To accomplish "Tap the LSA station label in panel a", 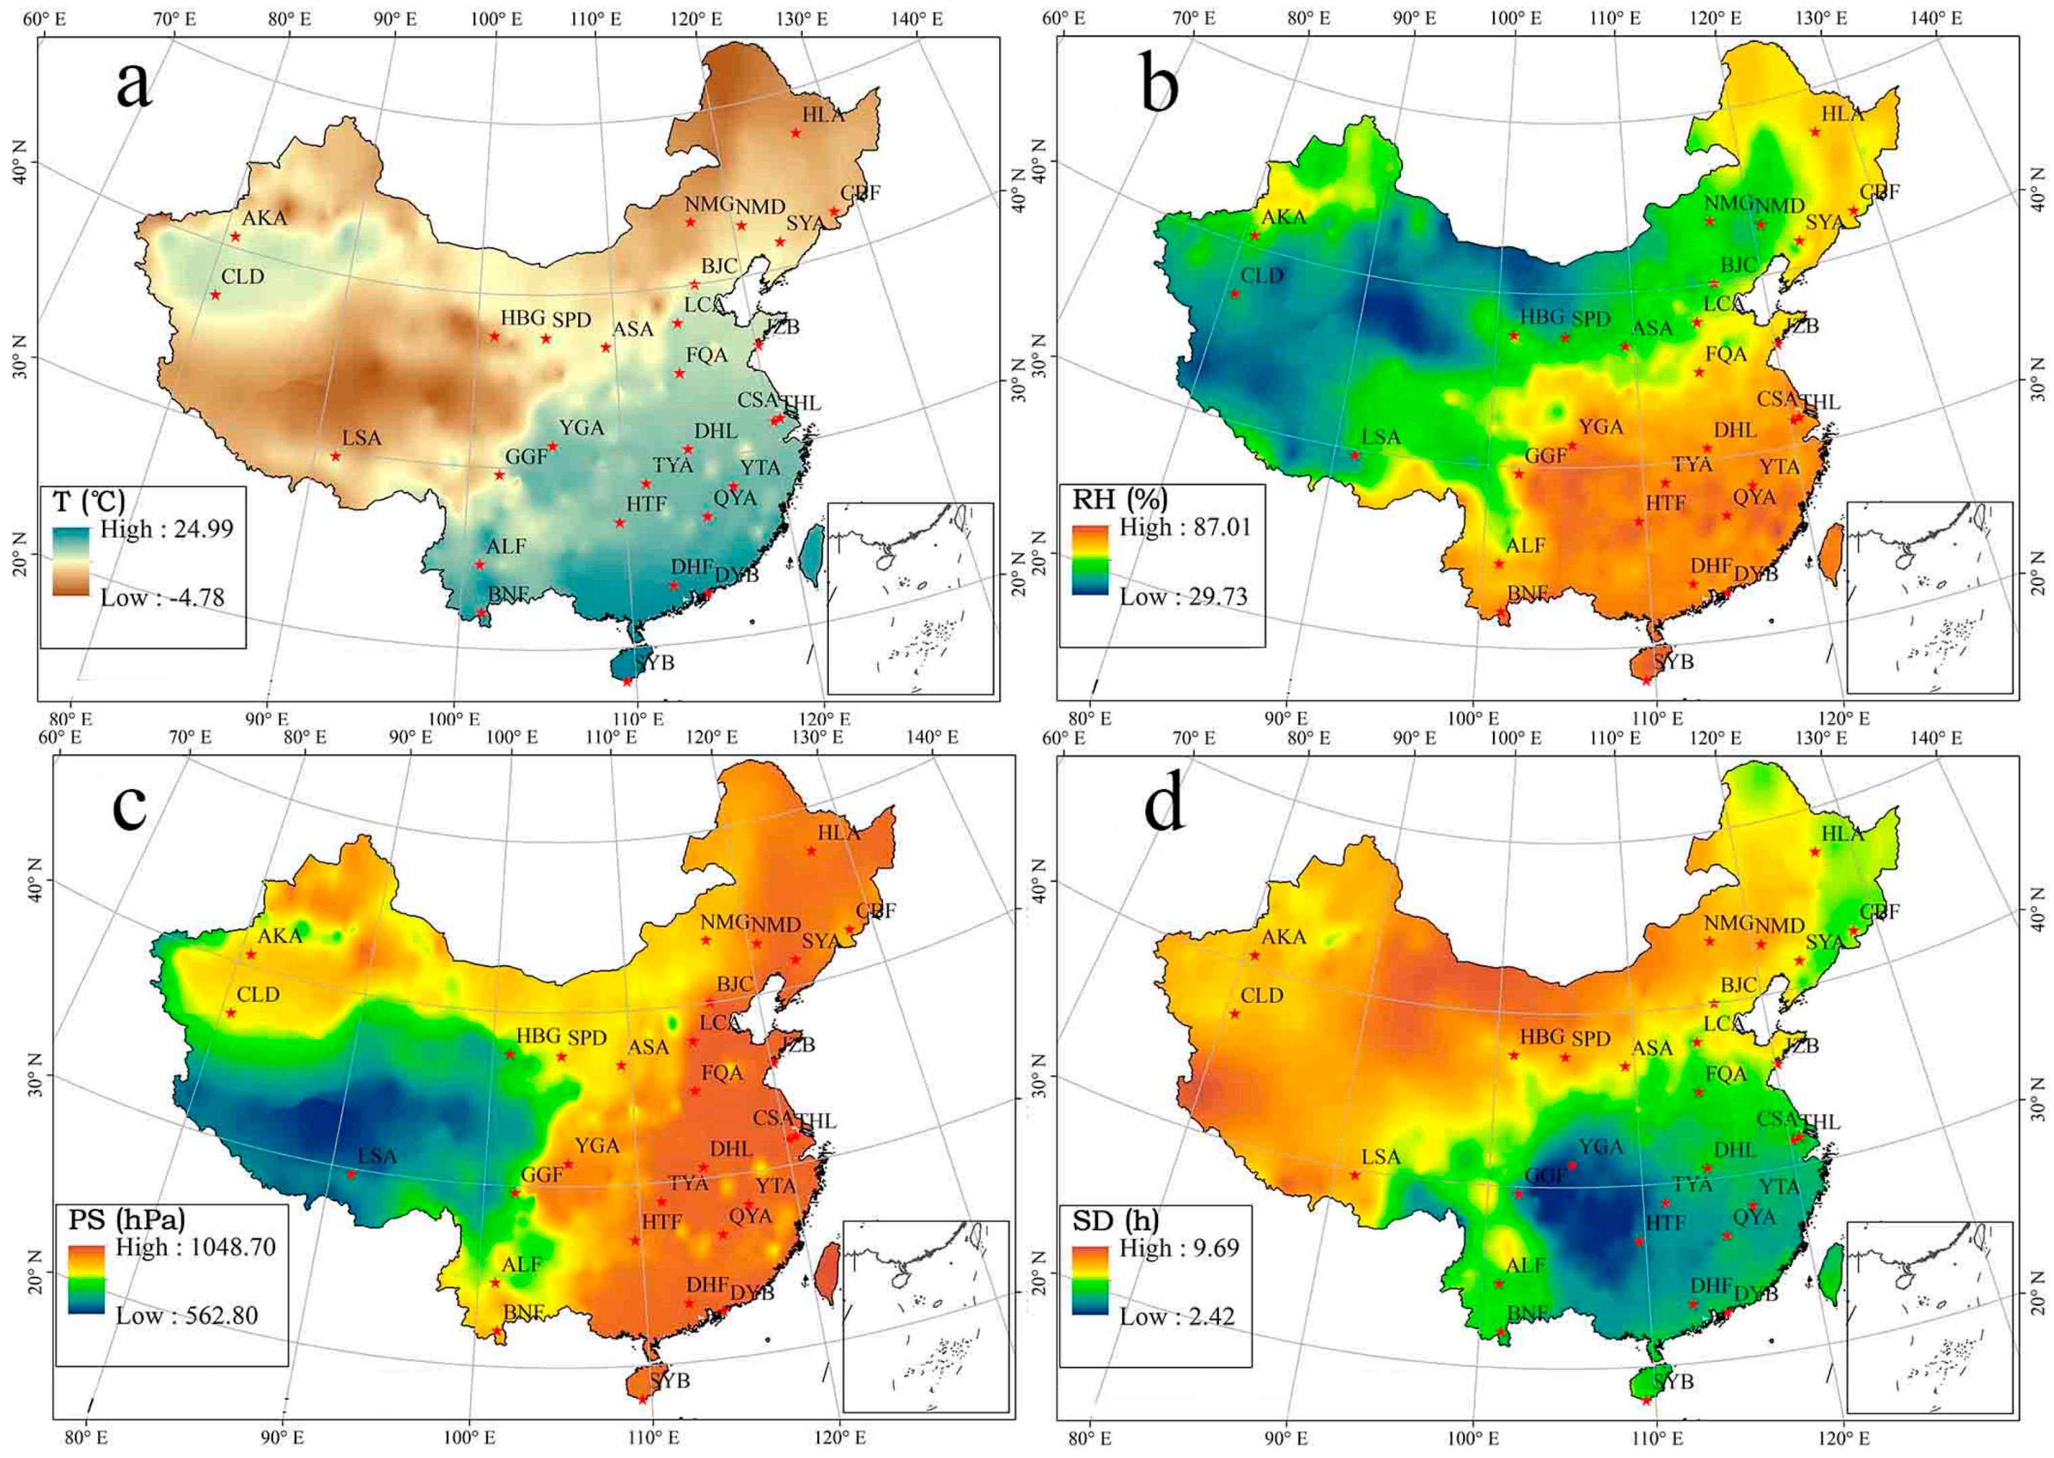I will (362, 438).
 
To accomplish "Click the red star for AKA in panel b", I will (1255, 236).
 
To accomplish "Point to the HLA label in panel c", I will (838, 832).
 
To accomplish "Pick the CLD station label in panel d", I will (1262, 996).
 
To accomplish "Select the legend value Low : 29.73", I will (1183, 597).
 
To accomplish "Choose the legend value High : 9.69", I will (1178, 1248).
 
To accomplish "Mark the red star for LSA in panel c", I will (351, 1174).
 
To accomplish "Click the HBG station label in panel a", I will (523, 318).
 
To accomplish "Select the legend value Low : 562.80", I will (187, 1316).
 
